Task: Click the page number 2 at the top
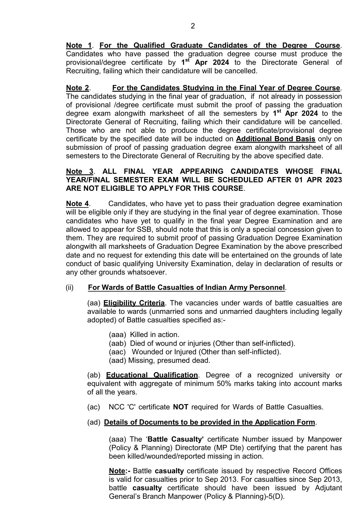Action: pos(193,26)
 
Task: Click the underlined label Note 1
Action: pos(79,45)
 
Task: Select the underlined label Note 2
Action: pos(77,88)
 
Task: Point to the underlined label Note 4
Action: pos(77,204)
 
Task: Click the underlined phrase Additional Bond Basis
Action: pos(275,139)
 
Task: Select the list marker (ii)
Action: pos(70,287)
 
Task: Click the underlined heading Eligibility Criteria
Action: pos(134,303)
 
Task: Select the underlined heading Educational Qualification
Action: pos(152,375)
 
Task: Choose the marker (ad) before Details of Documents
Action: pos(94,423)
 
